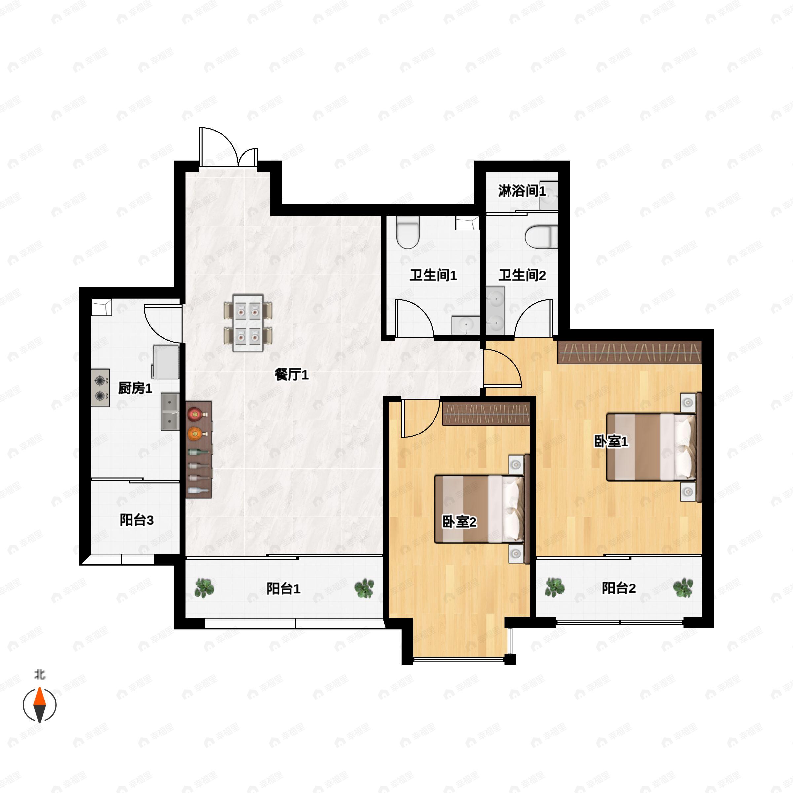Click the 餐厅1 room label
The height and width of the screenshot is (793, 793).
[x=291, y=375]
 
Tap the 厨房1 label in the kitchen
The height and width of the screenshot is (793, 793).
[x=135, y=388]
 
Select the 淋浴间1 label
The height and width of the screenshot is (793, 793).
[x=522, y=191]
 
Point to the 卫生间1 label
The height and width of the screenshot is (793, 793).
[x=434, y=275]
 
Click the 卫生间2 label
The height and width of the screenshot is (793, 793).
[x=522, y=275]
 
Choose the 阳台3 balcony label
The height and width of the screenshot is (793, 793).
[x=137, y=520]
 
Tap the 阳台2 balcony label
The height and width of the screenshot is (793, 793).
[x=619, y=588]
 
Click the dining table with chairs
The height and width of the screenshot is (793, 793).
[x=248, y=322]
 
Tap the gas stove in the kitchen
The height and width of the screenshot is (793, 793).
[x=100, y=388]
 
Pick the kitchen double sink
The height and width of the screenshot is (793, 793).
[x=170, y=411]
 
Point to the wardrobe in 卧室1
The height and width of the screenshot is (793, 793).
[x=630, y=352]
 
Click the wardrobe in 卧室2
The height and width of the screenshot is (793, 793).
[x=486, y=413]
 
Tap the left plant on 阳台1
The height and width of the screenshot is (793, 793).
[x=204, y=588]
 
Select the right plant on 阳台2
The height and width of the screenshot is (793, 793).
[x=683, y=588]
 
